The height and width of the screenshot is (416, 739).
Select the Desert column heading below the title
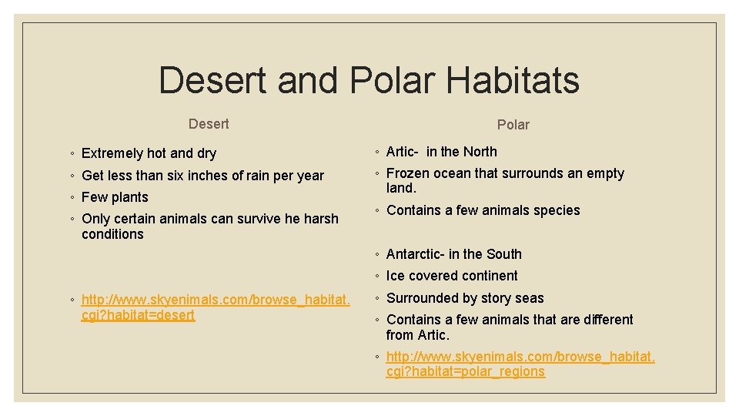coord(209,124)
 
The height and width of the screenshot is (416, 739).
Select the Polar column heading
coord(513,125)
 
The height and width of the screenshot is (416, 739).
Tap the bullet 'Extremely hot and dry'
coord(149,153)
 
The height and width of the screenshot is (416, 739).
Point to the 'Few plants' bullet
coord(115,197)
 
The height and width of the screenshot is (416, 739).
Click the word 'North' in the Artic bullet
coord(479,152)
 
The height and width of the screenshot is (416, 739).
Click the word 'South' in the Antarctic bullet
coord(503,254)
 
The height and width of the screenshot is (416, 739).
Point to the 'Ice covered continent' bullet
coord(452,276)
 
